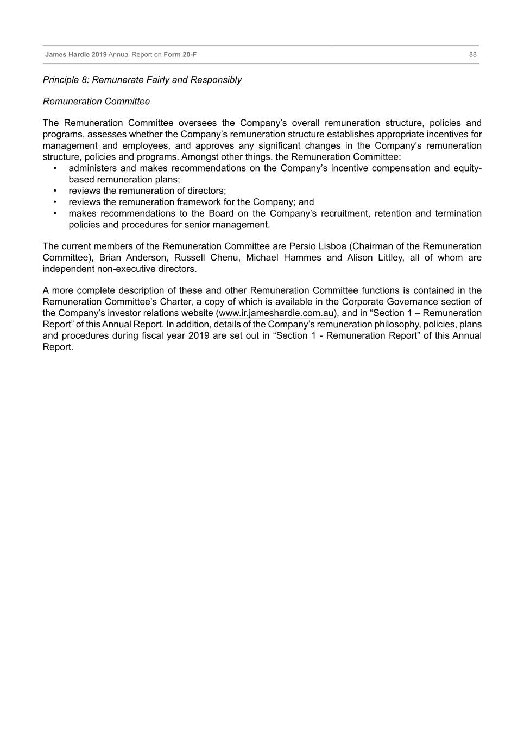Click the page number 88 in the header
tap(472, 55)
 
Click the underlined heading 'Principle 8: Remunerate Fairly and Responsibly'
tap(142, 80)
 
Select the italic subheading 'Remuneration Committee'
tap(96, 102)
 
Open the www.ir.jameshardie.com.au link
tap(276, 313)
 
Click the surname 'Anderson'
tap(146, 258)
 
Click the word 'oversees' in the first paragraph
tap(197, 123)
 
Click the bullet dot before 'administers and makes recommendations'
tap(55, 168)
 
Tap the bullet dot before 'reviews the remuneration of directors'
tap(55, 191)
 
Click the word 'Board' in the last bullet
tap(221, 213)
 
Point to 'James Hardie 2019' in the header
tap(75, 55)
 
